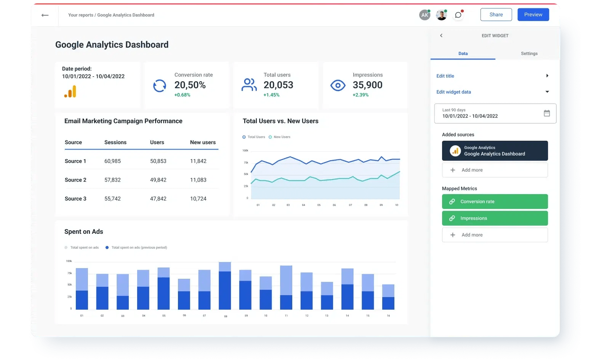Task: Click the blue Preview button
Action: click(533, 14)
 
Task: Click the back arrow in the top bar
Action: click(45, 15)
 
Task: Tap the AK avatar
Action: click(424, 15)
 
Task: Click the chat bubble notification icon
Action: click(458, 15)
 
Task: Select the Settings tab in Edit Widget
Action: click(529, 53)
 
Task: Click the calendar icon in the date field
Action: click(546, 113)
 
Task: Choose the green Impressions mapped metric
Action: click(495, 218)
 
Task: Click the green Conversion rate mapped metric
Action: click(495, 201)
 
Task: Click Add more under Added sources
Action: click(495, 170)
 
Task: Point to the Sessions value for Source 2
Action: click(112, 180)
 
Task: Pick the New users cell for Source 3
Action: click(198, 199)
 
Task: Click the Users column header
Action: click(157, 142)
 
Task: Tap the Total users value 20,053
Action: click(278, 85)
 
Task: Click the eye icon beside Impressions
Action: click(338, 85)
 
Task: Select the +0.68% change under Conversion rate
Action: click(182, 95)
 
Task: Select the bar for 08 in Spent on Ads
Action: click(225, 286)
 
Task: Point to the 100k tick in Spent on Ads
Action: click(69, 261)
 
